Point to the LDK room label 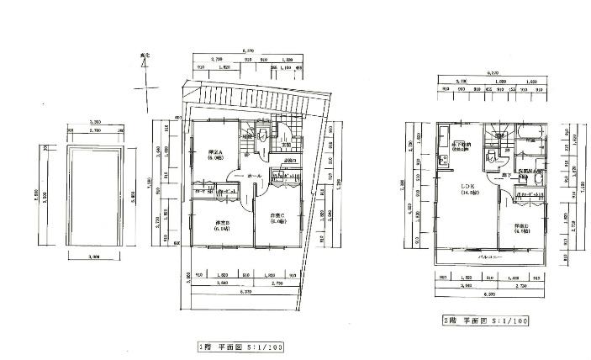click(464, 189)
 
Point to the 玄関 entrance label click(287, 145)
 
